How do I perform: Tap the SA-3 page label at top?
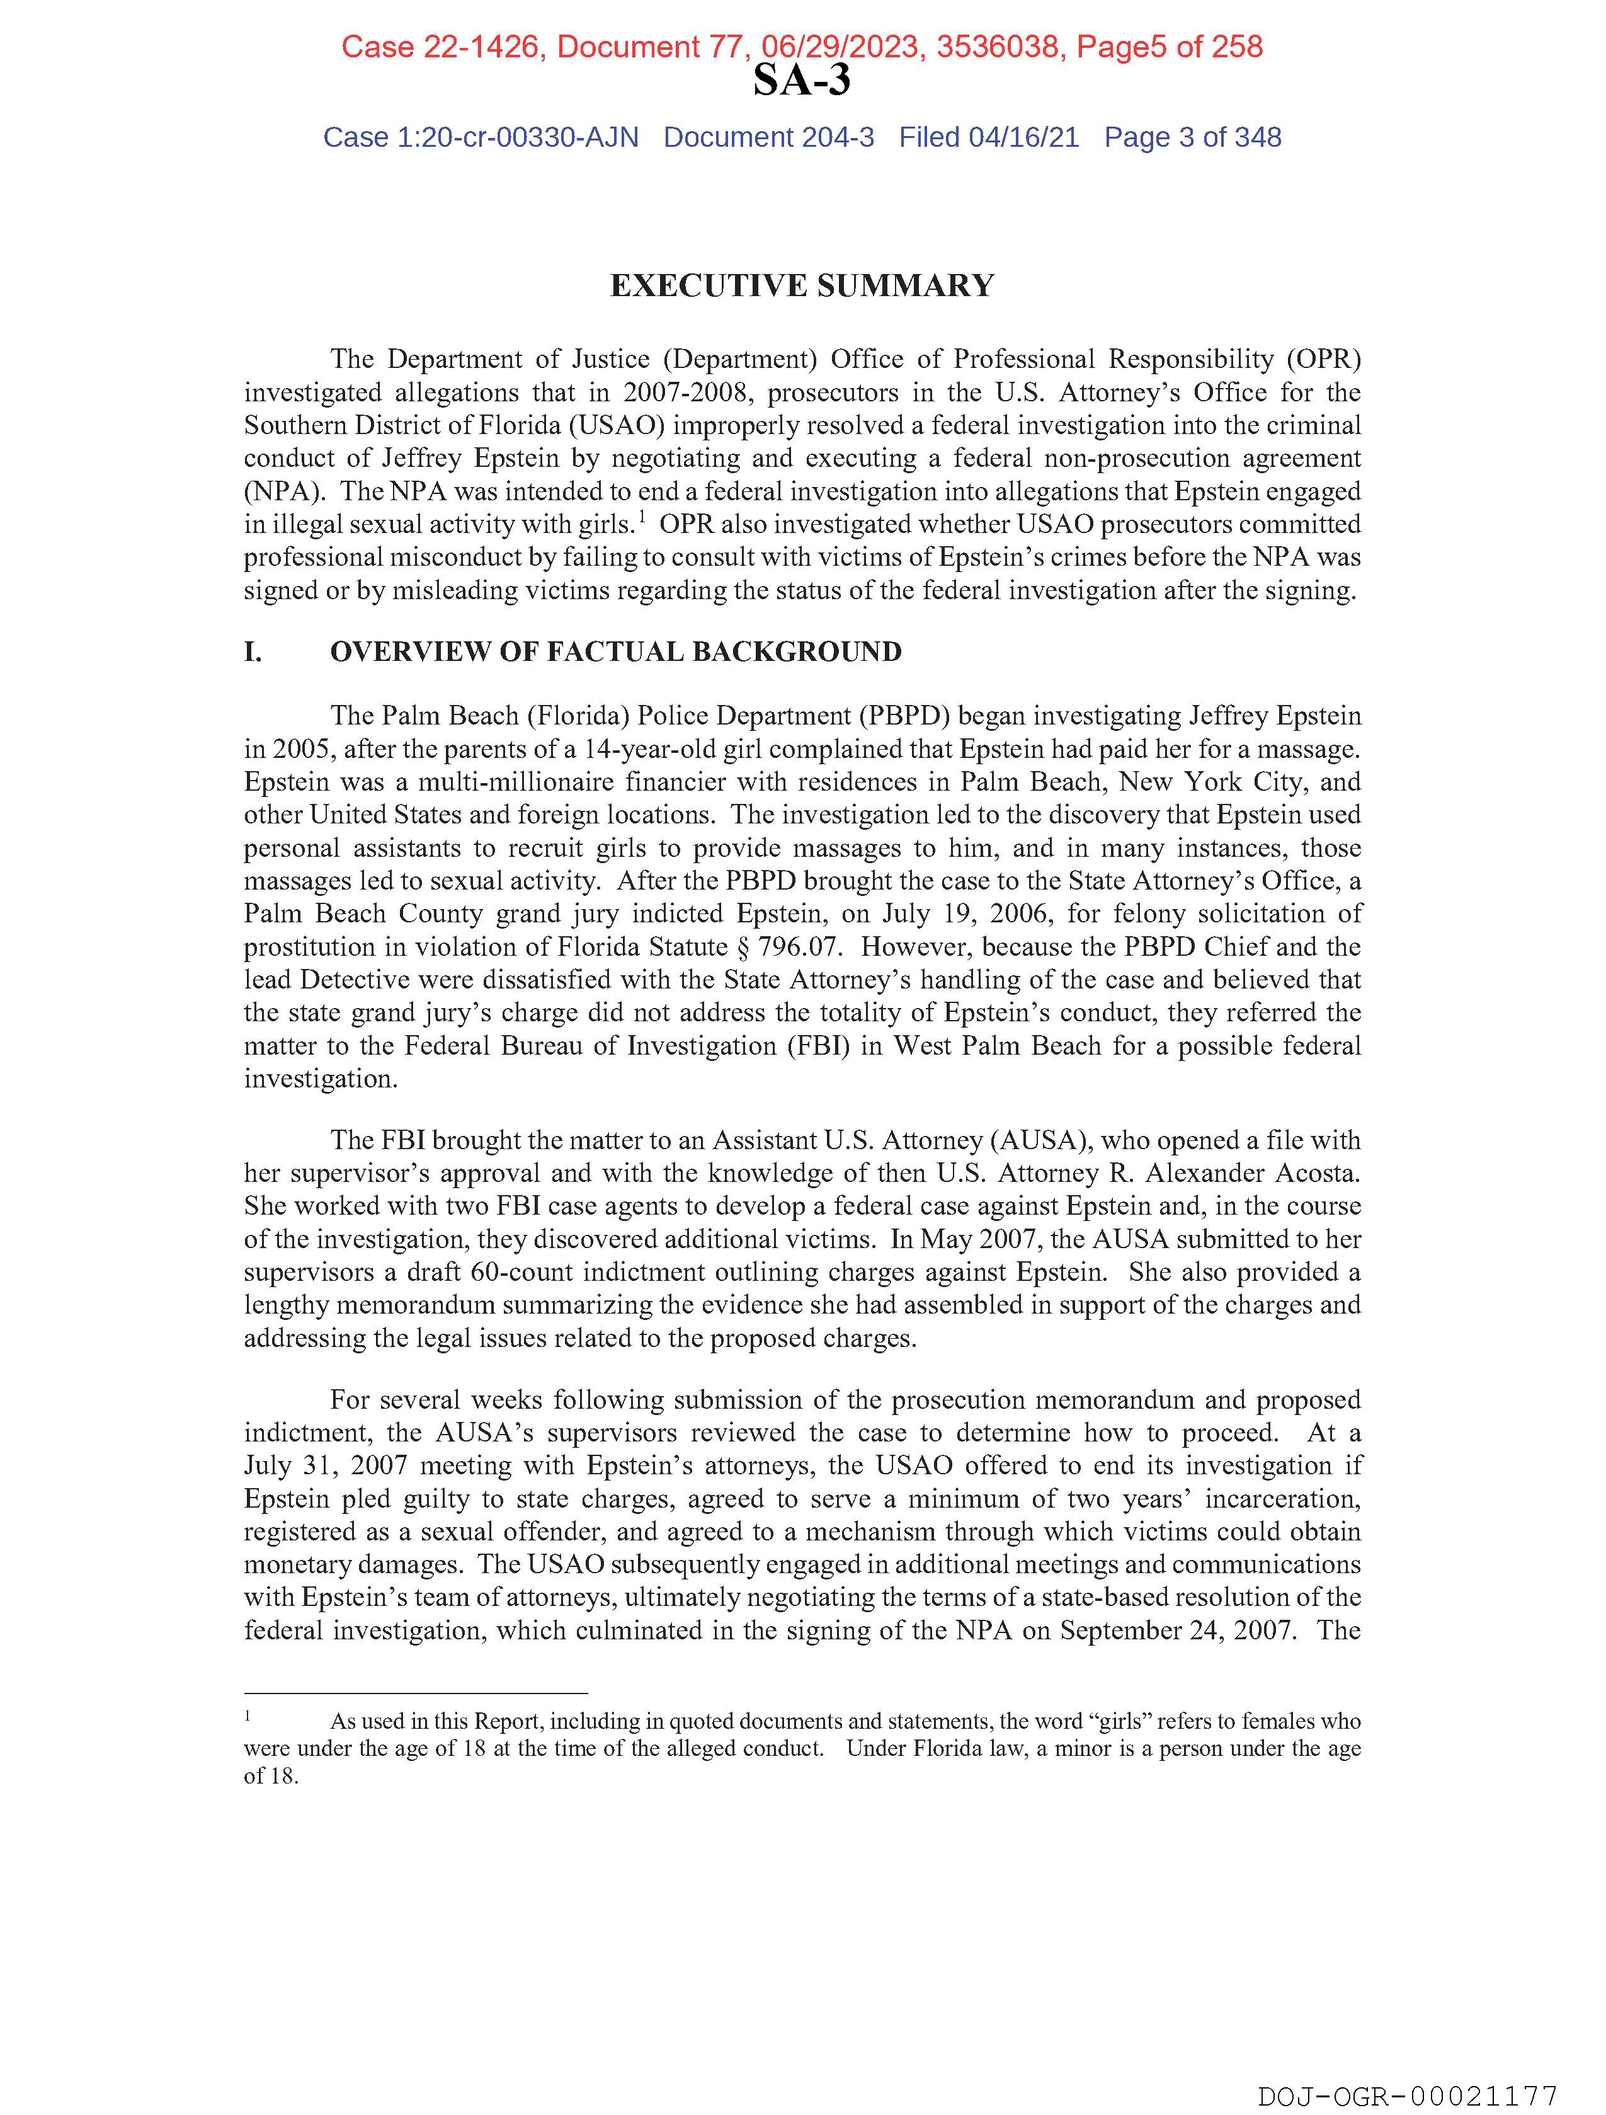801,80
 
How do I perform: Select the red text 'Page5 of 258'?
1169,47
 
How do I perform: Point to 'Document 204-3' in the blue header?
768,138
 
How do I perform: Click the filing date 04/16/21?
1024,138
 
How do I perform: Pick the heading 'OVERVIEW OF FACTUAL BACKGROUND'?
616,652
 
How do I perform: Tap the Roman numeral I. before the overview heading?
253,652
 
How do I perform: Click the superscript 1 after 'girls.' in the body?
644,517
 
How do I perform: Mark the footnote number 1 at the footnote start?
248,1716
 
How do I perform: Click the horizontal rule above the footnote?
415,1692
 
